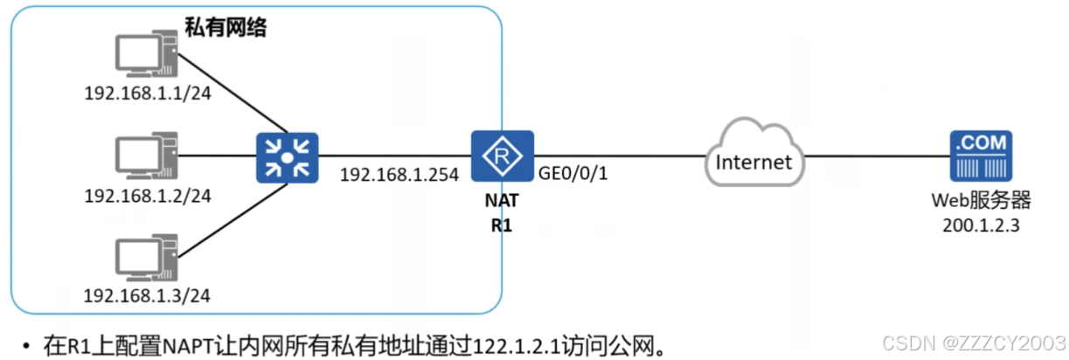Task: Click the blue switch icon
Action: [287, 157]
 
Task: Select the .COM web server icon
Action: [981, 156]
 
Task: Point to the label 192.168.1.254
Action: [400, 174]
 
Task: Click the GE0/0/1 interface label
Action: [574, 174]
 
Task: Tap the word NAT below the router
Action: [502, 200]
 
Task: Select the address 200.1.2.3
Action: [981, 224]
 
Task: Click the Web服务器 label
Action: [981, 202]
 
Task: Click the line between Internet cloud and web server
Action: [874, 157]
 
